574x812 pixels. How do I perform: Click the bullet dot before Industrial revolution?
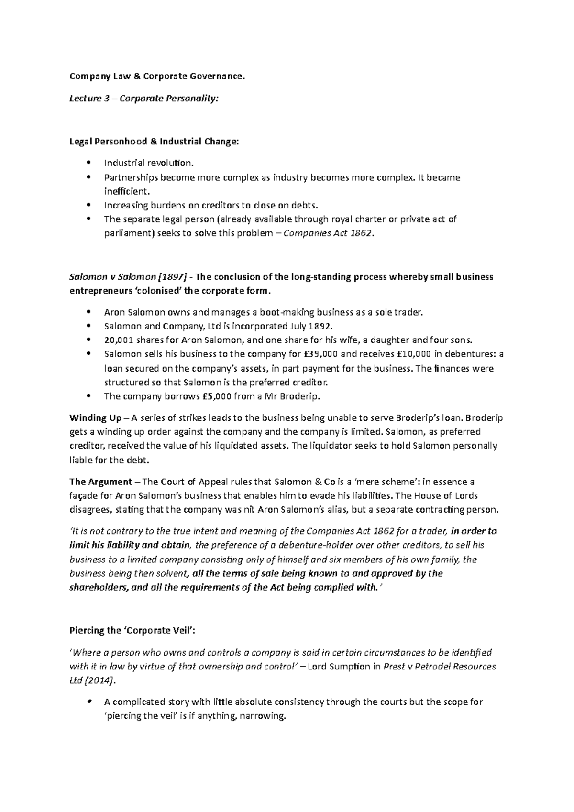click(x=89, y=163)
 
